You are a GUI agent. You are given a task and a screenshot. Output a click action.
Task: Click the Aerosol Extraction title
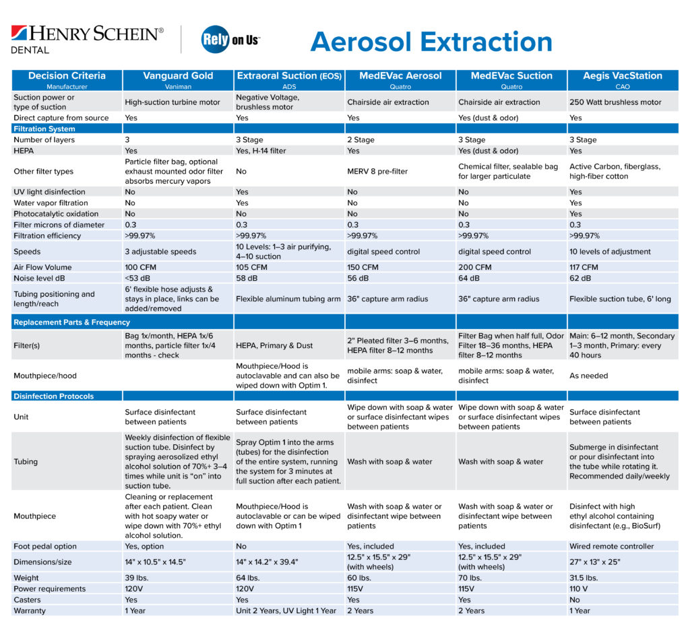(431, 42)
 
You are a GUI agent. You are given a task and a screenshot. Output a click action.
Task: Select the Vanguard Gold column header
(178, 79)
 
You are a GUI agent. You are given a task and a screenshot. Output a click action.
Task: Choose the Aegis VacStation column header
(622, 79)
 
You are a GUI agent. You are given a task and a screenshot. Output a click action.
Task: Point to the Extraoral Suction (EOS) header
(289, 79)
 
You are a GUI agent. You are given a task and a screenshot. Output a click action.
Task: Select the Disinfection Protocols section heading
(54, 396)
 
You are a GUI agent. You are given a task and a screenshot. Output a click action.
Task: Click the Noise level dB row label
(45, 278)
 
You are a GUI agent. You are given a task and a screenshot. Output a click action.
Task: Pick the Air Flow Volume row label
(42, 267)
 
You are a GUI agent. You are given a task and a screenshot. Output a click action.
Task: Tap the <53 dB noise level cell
(138, 278)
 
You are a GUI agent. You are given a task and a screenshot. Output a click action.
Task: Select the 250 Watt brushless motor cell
(615, 102)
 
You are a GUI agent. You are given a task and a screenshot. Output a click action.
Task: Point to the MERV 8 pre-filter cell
(377, 171)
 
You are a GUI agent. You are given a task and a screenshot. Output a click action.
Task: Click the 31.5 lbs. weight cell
(584, 578)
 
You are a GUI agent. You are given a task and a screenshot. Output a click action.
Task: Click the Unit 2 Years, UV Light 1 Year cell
(286, 610)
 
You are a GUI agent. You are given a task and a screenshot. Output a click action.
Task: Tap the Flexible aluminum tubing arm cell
(288, 299)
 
